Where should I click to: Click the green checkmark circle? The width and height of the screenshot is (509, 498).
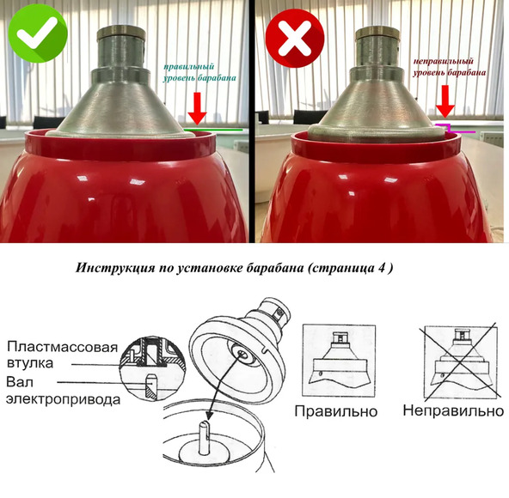pos(38,33)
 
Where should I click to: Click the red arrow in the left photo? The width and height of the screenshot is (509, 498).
pos(197,108)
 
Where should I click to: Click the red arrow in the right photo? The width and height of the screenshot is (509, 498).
pos(445,101)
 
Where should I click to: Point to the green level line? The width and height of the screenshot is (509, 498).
pos(213,130)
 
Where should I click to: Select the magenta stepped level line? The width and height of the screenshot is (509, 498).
pos(455,129)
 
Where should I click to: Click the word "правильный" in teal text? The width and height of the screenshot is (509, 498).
pos(188,67)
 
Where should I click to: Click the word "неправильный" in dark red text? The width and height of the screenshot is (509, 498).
pos(443,61)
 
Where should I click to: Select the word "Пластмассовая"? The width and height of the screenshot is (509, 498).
pos(62,347)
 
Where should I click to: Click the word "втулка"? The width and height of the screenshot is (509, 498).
pos(30,363)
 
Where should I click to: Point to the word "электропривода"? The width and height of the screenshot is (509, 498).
pos(64,399)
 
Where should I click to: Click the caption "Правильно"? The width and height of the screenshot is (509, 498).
pos(336,411)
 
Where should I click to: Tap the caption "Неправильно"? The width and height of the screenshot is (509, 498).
pos(453,410)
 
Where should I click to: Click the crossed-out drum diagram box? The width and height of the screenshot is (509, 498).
pos(460,361)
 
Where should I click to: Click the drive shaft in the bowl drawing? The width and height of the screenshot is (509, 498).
pos(204,437)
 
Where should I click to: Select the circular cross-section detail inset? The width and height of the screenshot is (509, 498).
pos(152,369)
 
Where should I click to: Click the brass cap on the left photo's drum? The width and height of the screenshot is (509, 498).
pos(121,32)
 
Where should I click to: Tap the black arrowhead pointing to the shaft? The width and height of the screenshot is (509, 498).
pos(210,414)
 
